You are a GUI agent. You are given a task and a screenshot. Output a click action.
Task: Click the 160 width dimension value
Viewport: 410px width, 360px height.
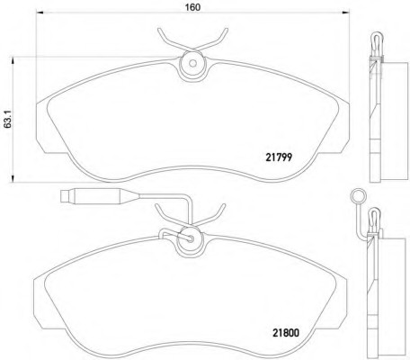coord(192,7)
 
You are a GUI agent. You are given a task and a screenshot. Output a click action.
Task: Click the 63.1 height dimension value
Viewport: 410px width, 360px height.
coord(8,120)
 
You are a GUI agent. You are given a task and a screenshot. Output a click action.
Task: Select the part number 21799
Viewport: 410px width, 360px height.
coord(279,157)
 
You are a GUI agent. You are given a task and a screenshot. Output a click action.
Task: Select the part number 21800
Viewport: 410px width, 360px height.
coord(286,333)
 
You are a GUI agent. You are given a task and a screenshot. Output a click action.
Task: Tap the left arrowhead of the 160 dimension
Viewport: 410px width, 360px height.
coord(40,13)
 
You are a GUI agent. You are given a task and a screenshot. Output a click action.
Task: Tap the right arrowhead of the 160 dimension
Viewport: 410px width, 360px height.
coord(345,13)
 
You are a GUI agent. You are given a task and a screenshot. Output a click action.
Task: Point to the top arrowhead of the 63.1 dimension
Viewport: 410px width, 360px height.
coord(13,61)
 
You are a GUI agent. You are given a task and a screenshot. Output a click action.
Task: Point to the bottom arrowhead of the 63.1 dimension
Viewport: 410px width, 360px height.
coord(13,178)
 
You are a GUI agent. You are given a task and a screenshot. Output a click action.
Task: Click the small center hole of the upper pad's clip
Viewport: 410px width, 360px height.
coord(192,64)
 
